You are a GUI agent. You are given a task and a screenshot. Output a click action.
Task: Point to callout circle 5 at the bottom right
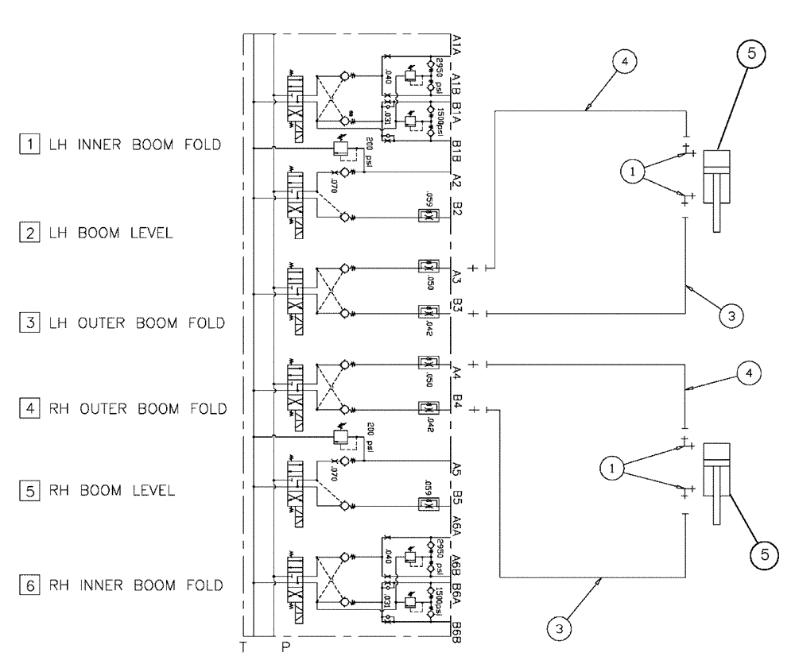coord(761,554)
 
